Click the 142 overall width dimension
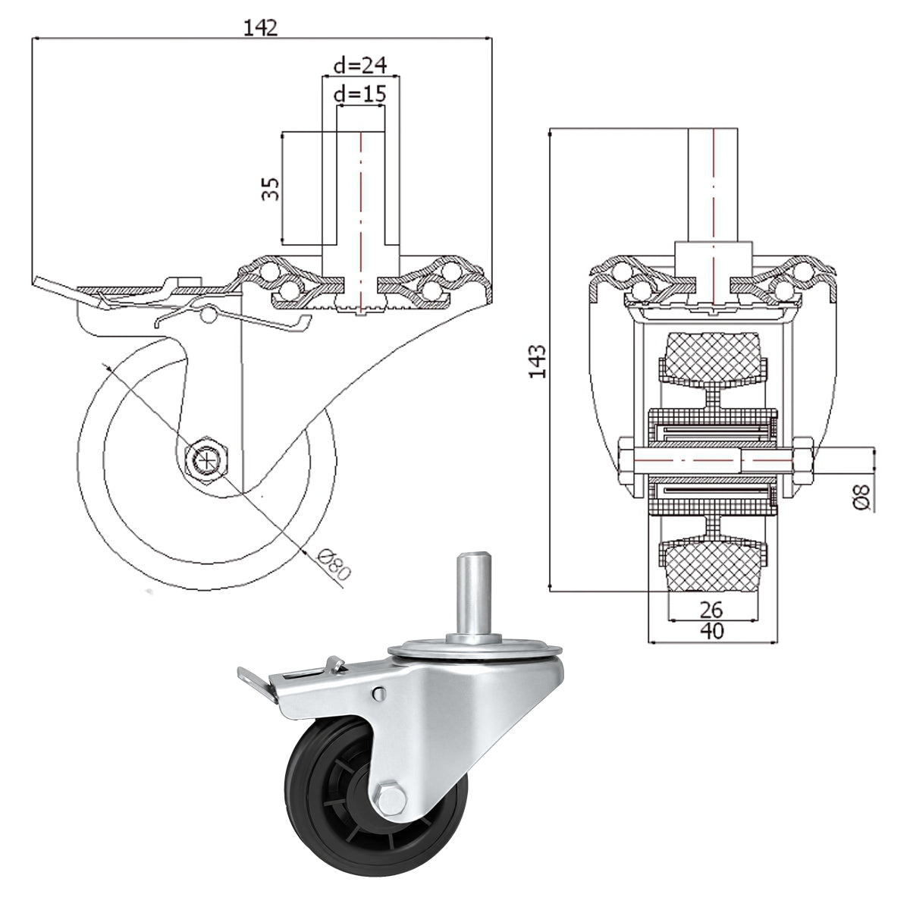[x=261, y=28]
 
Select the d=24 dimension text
[x=360, y=65]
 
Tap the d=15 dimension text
[x=360, y=94]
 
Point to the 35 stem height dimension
[x=271, y=188]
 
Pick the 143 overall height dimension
[x=538, y=361]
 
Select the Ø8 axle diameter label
[x=862, y=497]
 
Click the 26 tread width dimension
[x=711, y=610]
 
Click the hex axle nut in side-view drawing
[x=207, y=458]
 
